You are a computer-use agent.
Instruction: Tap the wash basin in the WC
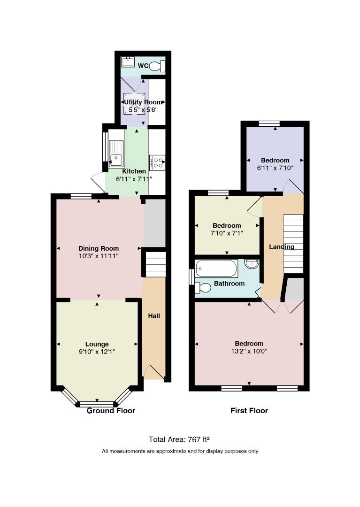click(128, 62)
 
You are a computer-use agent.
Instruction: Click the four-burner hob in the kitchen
click(157, 162)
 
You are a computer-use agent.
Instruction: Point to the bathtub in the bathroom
click(216, 268)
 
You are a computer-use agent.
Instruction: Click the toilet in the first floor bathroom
click(203, 287)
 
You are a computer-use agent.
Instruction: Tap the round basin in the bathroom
click(252, 264)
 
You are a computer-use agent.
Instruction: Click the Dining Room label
click(99, 248)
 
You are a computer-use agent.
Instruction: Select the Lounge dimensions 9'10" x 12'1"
click(97, 352)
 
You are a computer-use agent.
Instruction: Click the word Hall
click(154, 316)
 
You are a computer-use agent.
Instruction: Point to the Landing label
click(282, 247)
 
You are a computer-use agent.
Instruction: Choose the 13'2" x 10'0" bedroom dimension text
click(249, 351)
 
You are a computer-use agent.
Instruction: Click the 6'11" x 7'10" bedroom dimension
click(275, 168)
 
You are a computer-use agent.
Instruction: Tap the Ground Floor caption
click(111, 411)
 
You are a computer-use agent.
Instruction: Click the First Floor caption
click(249, 411)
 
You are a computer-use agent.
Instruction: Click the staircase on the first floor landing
click(293, 244)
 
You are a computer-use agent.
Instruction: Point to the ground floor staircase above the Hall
click(156, 265)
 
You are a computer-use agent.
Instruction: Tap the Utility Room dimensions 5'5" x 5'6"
click(143, 109)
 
